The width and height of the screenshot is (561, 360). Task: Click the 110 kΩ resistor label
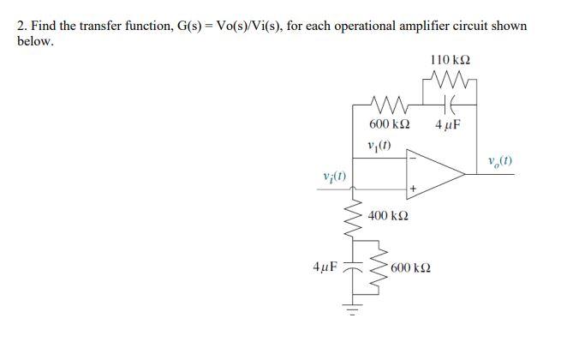click(451, 61)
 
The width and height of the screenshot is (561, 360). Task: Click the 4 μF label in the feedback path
click(448, 126)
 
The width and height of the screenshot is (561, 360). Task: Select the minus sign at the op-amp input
click(411, 158)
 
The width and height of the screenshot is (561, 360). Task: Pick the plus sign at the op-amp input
click(412, 187)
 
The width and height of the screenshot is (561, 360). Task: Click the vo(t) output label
click(499, 161)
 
